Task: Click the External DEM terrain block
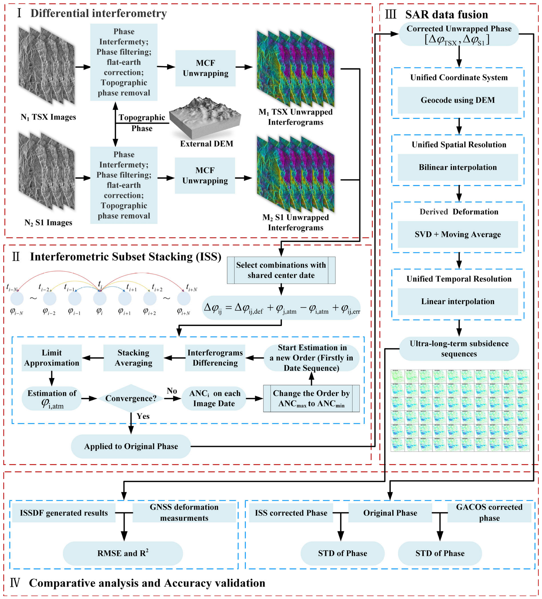tap(205, 117)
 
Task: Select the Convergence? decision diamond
tap(131, 398)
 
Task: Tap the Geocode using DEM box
tap(458, 100)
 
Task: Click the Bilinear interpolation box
tap(458, 167)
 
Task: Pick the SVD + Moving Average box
tap(458, 234)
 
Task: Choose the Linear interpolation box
tap(458, 302)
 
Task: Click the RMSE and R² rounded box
tap(123, 553)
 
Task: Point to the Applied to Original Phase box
tap(131, 446)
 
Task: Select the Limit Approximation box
tap(52, 358)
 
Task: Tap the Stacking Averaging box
tap(133, 358)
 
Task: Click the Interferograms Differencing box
tap(215, 358)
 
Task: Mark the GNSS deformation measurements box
tap(184, 513)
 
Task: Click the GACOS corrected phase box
tap(489, 513)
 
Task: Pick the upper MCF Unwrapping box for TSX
tap(205, 68)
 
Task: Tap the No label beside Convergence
tap(172, 391)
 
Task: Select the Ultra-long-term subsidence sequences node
tap(459, 349)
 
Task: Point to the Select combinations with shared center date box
tap(281, 270)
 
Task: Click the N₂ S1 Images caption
tap(48, 223)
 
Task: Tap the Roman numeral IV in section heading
tap(15, 583)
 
